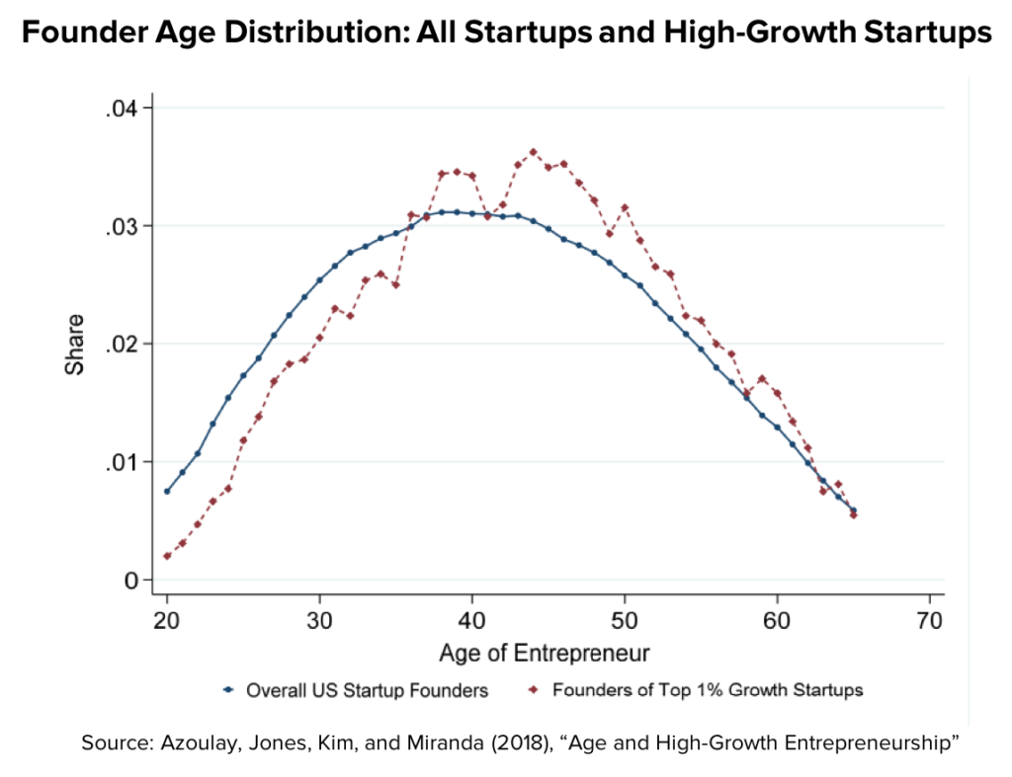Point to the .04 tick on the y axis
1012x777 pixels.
[124, 108]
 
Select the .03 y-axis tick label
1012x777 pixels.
[124, 226]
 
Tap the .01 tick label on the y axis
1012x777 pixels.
[124, 462]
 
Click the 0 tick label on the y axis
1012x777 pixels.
[132, 580]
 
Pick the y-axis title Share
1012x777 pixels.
[74, 345]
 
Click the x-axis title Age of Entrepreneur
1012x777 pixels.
[548, 653]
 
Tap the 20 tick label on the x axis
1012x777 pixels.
[167, 623]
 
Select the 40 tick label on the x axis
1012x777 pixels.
[472, 623]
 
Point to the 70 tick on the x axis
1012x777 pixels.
[930, 623]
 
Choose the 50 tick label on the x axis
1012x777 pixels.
[625, 623]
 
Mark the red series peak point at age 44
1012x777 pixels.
[534, 152]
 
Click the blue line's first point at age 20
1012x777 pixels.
[167, 491]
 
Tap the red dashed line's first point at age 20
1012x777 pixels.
[167, 556]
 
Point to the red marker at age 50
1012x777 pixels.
[625, 207]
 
